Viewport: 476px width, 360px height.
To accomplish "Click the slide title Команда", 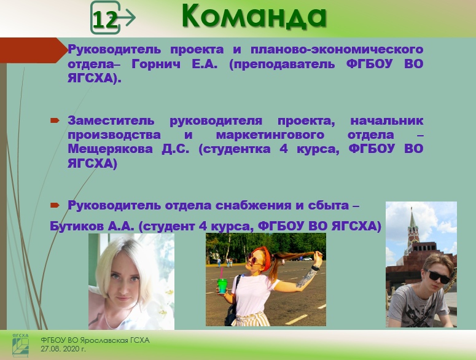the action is click(x=254, y=17).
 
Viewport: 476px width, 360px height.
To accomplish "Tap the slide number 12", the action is click(x=105, y=20).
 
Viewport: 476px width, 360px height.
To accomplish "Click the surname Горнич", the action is click(x=156, y=64).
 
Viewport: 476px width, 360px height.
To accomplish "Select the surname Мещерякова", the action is click(x=110, y=149).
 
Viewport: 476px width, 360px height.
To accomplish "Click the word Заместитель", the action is click(x=111, y=120).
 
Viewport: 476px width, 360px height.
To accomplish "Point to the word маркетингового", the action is click(x=270, y=135).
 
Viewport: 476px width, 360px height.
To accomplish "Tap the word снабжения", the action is click(x=252, y=205).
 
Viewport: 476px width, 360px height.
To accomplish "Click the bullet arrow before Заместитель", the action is click(x=55, y=121).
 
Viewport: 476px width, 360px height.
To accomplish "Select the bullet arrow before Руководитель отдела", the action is click(x=55, y=206).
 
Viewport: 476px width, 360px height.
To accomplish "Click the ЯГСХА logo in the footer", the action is click(x=21, y=345).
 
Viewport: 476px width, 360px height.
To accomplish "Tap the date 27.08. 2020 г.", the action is click(x=63, y=349).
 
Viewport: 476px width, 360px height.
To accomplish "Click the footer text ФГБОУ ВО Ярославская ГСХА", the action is click(x=95, y=340).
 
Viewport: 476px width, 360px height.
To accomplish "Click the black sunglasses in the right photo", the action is click(x=437, y=276).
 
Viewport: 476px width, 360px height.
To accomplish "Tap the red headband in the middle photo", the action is click(x=267, y=258).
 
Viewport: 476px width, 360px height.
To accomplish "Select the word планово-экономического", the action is click(x=337, y=50).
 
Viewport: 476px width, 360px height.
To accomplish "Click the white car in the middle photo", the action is click(x=307, y=259).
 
